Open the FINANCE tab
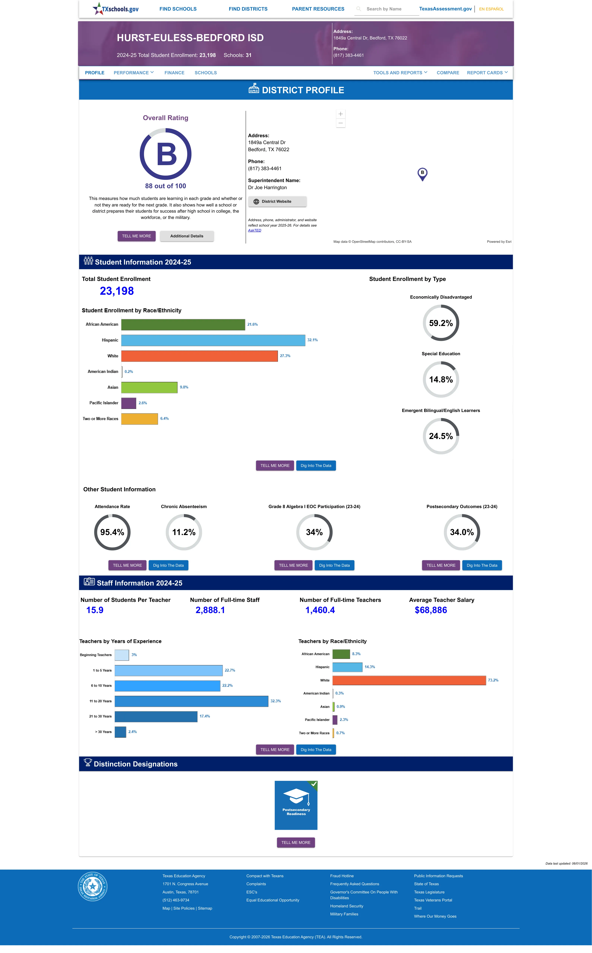[x=174, y=73]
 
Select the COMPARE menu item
[x=448, y=73]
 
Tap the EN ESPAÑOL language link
[x=491, y=9]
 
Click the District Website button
[x=277, y=201]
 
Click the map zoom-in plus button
[x=341, y=114]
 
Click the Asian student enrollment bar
[x=149, y=387]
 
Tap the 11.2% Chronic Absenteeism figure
[x=184, y=532]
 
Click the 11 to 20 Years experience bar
[x=191, y=701]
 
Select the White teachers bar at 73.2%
[x=409, y=680]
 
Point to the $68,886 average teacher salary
[x=431, y=610]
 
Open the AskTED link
[x=255, y=230]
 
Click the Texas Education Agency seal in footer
[x=92, y=886]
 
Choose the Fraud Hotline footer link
[x=342, y=876]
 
